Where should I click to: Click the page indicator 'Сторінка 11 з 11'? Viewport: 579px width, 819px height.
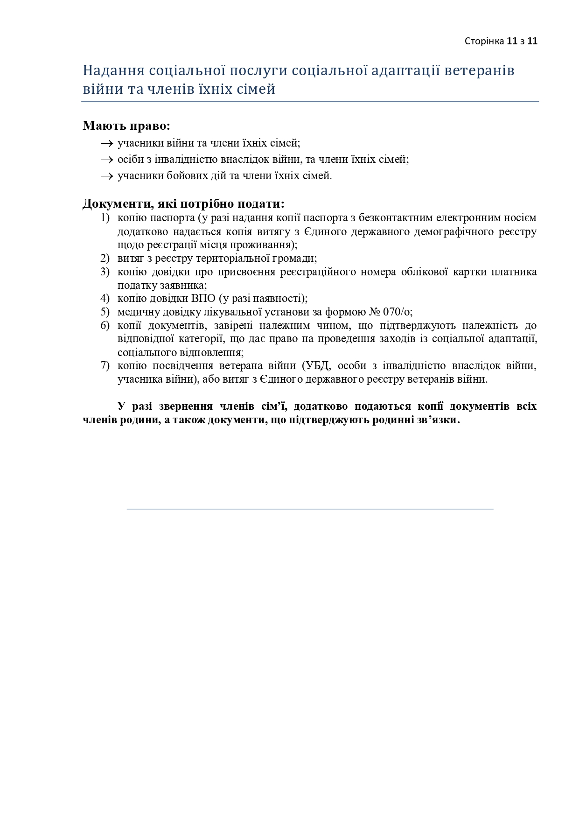(x=501, y=41)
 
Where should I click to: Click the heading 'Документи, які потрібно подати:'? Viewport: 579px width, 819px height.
(x=183, y=204)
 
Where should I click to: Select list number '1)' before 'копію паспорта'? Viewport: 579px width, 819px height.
(x=105, y=218)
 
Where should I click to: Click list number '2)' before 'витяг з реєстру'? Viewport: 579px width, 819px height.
(x=105, y=259)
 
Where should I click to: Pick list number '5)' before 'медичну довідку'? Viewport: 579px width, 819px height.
(x=105, y=312)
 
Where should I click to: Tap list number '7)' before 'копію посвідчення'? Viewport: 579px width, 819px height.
(x=105, y=366)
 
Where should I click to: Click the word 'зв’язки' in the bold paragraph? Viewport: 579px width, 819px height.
(x=439, y=420)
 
